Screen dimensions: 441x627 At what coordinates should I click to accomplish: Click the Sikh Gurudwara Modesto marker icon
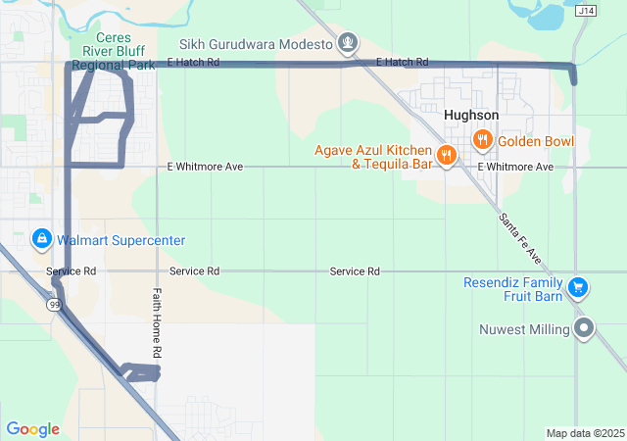click(x=347, y=43)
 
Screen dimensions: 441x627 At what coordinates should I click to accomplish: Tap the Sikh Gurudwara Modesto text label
click(x=256, y=44)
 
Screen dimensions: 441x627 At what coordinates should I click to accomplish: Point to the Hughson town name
click(x=470, y=115)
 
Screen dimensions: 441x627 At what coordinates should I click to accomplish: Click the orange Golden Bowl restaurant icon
click(x=482, y=140)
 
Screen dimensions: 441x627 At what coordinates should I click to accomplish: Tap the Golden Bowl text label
click(x=536, y=141)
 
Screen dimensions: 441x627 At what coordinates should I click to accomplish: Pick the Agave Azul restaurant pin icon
click(x=446, y=155)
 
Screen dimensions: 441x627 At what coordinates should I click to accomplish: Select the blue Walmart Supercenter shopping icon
click(x=42, y=239)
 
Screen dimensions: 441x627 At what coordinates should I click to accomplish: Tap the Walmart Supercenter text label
click(x=121, y=240)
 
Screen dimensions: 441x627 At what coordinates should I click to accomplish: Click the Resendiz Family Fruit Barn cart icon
click(x=579, y=287)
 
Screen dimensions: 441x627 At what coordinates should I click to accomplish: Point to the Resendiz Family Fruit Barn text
click(x=515, y=288)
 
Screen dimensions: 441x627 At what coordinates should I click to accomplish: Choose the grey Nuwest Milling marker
click(x=585, y=328)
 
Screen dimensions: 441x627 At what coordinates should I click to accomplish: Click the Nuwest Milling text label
click(x=525, y=329)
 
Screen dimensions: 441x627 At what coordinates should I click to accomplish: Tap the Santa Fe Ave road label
click(x=520, y=239)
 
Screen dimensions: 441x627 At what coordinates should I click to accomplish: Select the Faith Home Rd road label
click(x=157, y=320)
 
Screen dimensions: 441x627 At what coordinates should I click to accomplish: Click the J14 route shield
click(x=586, y=11)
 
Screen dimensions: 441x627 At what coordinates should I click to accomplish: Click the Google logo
click(x=32, y=428)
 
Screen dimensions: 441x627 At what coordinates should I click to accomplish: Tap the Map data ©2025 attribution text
click(x=584, y=433)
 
